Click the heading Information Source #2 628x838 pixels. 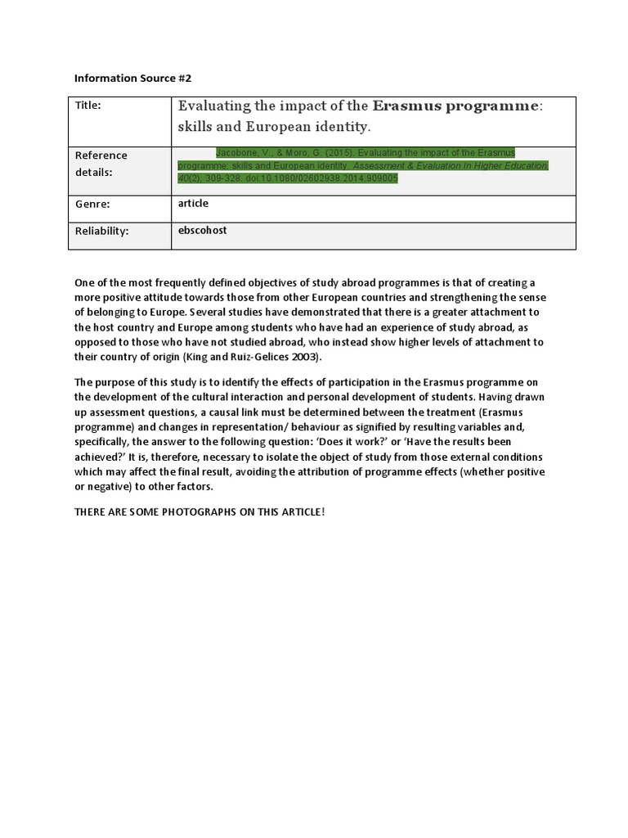(132, 79)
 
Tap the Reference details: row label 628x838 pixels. (101, 164)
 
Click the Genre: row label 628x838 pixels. (92, 204)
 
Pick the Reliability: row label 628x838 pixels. (101, 232)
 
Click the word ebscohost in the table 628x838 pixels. (202, 231)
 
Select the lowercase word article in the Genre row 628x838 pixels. (193, 204)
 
